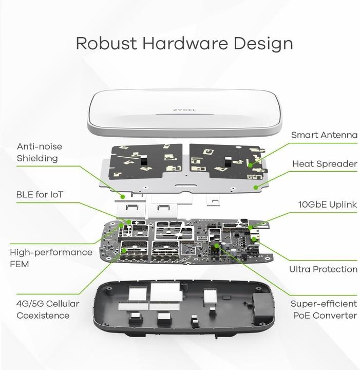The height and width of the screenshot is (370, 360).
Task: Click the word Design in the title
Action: point(263,43)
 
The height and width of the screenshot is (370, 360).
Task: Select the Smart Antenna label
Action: point(324,135)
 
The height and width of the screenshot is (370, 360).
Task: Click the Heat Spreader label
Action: point(325,164)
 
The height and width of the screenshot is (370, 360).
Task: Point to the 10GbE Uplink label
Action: point(327,205)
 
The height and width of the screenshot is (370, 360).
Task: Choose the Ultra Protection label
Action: point(323,269)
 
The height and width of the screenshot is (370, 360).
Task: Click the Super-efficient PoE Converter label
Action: point(324,309)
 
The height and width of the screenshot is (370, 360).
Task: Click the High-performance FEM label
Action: point(51,258)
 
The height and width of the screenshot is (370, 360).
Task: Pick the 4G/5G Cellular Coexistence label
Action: point(48,309)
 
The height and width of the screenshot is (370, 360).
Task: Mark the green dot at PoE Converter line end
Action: point(217,246)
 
